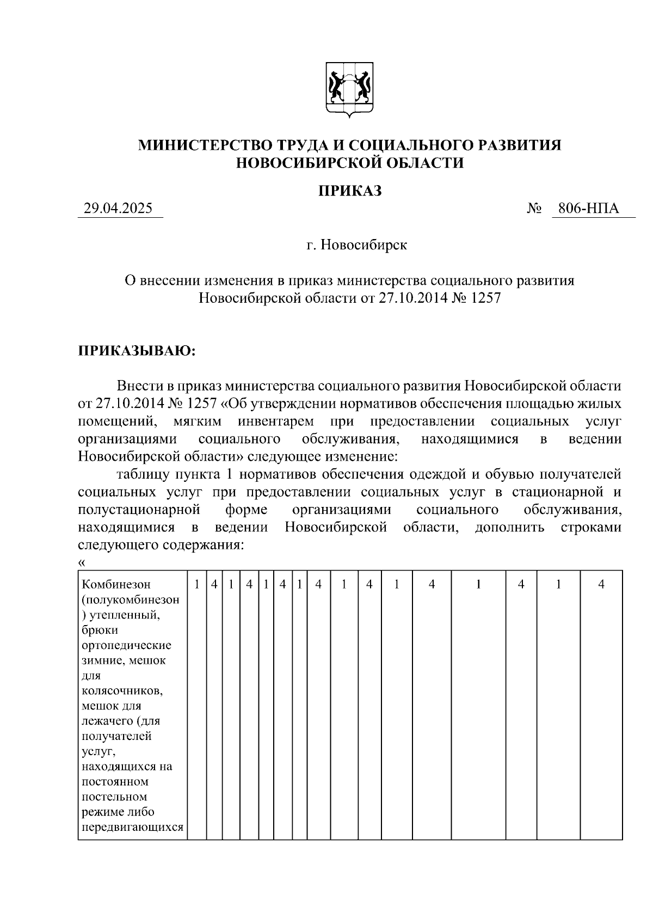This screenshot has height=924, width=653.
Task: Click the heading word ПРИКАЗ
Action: tap(349, 191)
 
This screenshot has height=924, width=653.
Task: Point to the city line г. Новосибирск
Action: tap(356, 245)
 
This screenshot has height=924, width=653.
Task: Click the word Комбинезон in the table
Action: tap(116, 584)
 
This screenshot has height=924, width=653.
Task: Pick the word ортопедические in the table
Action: tap(126, 645)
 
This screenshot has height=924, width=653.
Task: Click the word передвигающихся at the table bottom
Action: tap(132, 828)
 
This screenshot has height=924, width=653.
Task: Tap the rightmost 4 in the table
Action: tap(601, 584)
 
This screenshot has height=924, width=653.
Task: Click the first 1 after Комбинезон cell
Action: tap(196, 584)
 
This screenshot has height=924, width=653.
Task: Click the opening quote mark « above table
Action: tap(82, 562)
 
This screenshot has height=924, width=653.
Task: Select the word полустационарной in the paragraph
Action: tap(140, 510)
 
